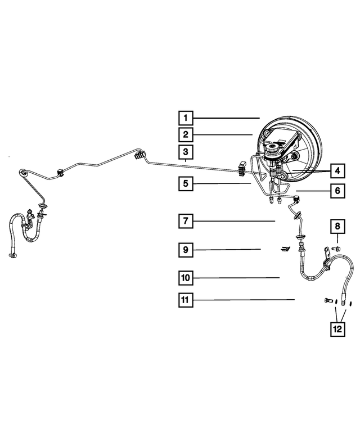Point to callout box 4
click(x=336, y=170)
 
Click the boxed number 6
click(x=336, y=191)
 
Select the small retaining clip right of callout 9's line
click(x=285, y=248)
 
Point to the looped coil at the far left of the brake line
click(x=23, y=173)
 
